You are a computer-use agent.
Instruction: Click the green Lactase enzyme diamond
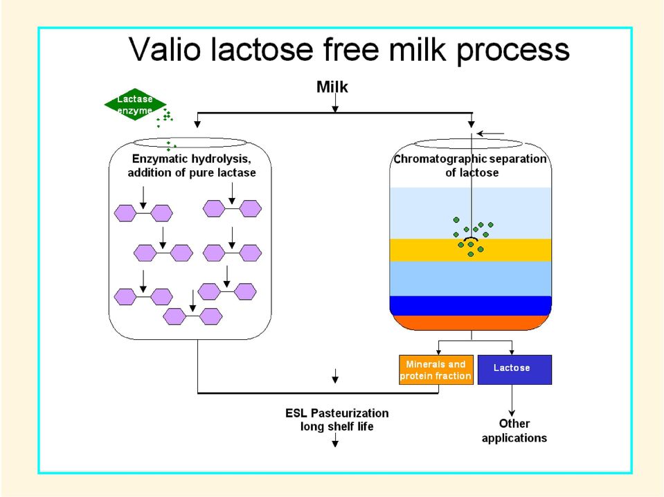click(135, 105)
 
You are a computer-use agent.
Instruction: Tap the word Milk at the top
click(332, 87)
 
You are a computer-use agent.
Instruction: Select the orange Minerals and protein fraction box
click(436, 370)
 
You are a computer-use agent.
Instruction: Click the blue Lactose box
click(514, 370)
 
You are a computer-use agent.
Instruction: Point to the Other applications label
click(514, 431)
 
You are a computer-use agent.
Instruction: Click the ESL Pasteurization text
click(337, 413)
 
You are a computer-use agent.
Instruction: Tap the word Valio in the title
click(165, 49)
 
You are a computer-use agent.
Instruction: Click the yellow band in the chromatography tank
click(470, 250)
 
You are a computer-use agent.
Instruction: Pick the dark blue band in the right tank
click(470, 306)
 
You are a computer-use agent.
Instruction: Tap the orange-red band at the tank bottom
click(470, 323)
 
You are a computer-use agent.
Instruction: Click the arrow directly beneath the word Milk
click(335, 103)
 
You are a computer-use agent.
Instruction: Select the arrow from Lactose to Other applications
click(512, 401)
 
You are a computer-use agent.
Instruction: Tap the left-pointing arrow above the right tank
click(490, 134)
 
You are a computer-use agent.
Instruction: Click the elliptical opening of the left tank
click(190, 143)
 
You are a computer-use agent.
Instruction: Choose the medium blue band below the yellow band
click(470, 278)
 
